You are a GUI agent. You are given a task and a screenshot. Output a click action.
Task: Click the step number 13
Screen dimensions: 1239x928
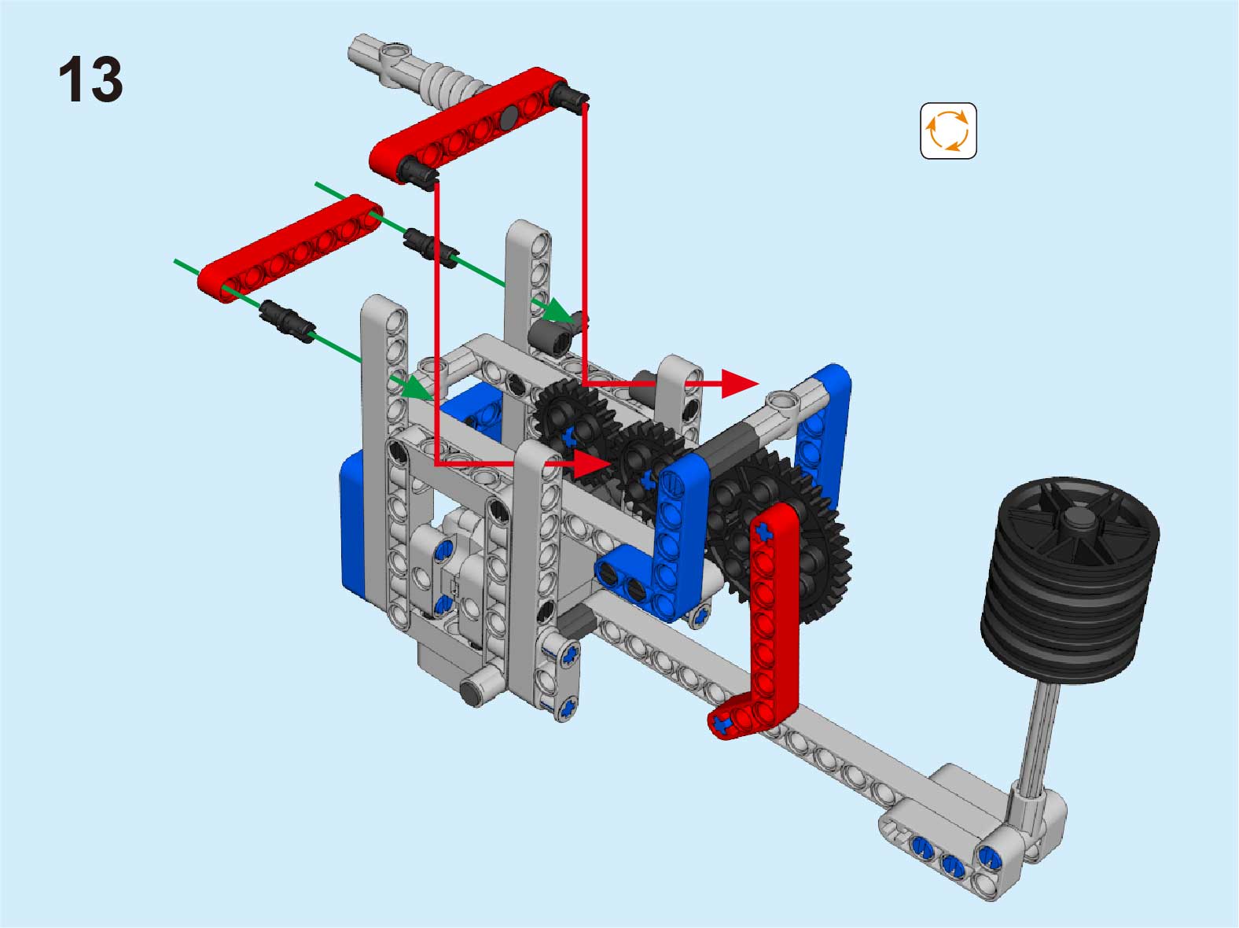pos(90,79)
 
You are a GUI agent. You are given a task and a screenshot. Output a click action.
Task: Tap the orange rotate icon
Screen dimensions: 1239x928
pos(948,131)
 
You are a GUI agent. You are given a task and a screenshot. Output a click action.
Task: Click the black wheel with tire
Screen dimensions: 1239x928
pos(1070,580)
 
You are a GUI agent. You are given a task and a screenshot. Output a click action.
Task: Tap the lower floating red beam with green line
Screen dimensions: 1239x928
pos(290,249)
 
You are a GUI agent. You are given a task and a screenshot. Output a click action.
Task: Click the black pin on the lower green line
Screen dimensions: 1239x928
pos(287,321)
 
